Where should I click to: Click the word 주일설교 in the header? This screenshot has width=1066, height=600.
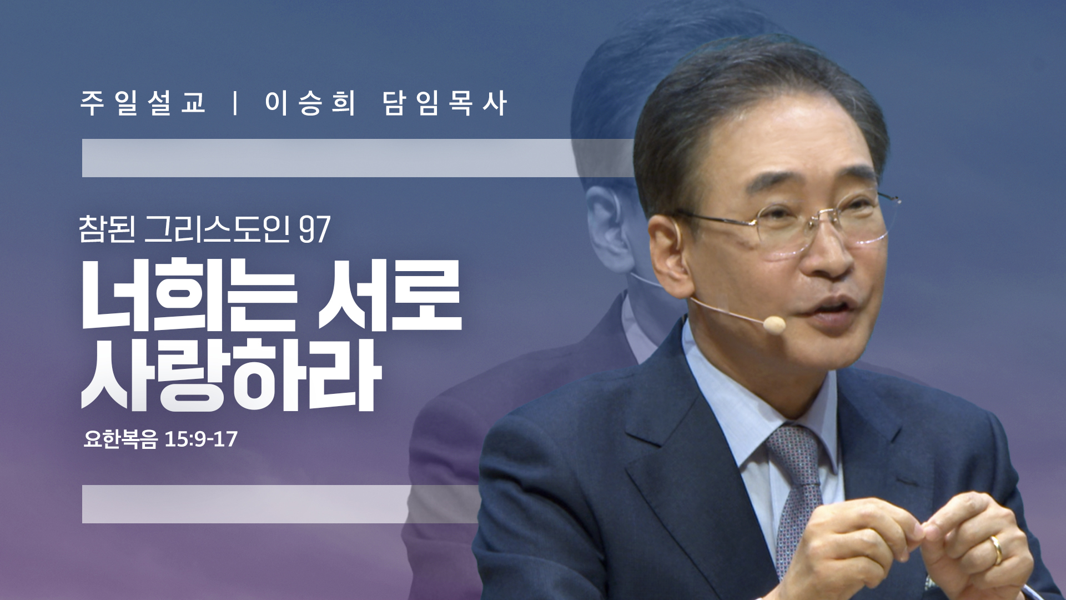pos(143,103)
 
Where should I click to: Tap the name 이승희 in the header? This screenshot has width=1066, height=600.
pos(310,103)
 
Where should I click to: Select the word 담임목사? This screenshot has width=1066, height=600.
pos(445,103)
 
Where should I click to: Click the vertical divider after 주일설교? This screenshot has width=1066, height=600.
pos(236,103)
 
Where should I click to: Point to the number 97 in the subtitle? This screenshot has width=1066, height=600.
pos(315,229)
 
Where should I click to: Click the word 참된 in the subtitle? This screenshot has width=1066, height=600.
pos(107,229)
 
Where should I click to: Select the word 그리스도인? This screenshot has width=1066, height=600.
pos(217,229)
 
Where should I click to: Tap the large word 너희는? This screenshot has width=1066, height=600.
pos(189,295)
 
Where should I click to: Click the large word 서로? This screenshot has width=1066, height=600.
pos(390,295)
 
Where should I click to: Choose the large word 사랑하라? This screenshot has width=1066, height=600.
pos(232,376)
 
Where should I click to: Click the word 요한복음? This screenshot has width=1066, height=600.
pos(120,439)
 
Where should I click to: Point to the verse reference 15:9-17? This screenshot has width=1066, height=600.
pos(201,439)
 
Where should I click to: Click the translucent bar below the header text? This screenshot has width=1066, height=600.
pos(358,158)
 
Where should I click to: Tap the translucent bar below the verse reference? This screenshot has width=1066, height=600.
pos(281,504)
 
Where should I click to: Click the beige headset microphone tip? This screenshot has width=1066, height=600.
pos(774,324)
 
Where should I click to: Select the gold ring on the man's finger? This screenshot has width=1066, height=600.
pos(998,549)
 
